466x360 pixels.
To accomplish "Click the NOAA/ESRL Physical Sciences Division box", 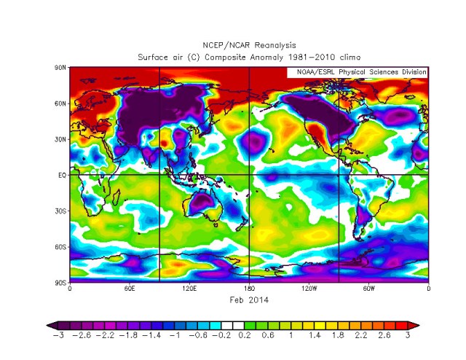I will click(358, 72).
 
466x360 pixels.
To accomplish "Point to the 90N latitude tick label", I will click(61, 67).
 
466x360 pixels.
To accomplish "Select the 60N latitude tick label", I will click(61, 103).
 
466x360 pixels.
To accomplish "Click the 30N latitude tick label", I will click(61, 138).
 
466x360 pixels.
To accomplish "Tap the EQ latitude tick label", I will click(62, 175).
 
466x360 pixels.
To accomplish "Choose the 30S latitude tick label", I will click(61, 211).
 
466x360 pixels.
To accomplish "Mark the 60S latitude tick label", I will click(61, 246).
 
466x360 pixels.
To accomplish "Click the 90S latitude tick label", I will click(61, 282).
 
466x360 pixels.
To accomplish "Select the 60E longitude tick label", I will click(129, 289).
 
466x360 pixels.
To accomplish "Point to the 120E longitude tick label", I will click(189, 289).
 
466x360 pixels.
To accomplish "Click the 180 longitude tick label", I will click(248, 289).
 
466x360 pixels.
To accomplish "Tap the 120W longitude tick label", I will click(308, 289).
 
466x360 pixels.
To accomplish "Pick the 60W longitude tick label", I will click(368, 289).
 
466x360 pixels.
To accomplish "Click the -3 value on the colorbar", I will click(57, 336).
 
